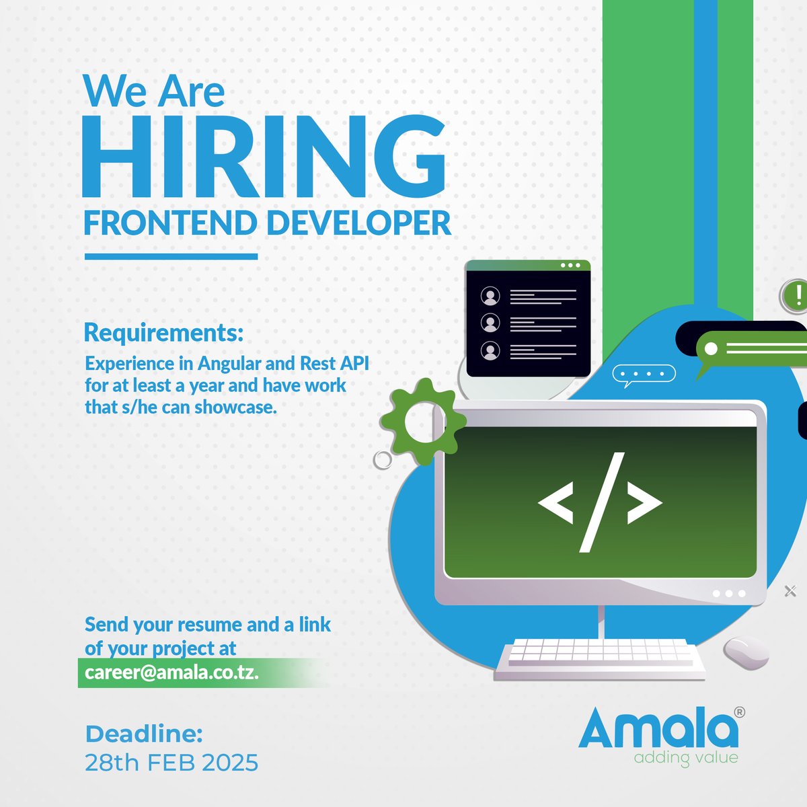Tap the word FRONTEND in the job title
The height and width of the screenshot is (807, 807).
[x=169, y=223]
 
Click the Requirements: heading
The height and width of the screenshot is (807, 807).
[x=163, y=332]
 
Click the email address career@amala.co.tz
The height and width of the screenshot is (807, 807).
[x=172, y=672]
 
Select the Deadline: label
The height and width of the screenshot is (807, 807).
[x=144, y=734]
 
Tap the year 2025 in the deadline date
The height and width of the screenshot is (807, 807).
[x=230, y=763]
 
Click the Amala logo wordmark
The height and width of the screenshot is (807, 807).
[x=658, y=728]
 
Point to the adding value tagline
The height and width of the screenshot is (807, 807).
[x=686, y=758]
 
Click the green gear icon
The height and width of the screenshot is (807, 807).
[x=422, y=422]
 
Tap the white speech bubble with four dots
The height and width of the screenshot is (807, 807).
[x=643, y=375]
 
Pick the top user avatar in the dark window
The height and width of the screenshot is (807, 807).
[x=491, y=295]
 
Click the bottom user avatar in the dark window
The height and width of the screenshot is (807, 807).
[x=491, y=350]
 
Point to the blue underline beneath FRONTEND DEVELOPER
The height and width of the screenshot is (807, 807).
[x=171, y=256]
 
